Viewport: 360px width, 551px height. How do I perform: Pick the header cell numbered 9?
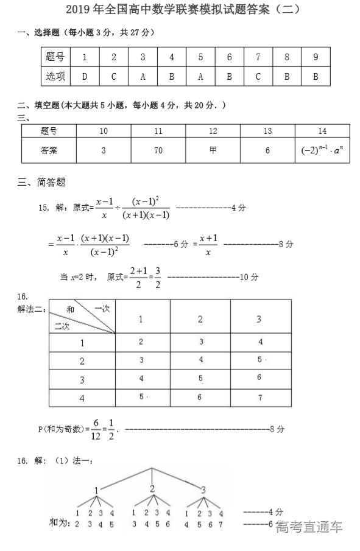click(316, 58)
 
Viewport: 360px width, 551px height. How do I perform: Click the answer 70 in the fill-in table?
click(158, 150)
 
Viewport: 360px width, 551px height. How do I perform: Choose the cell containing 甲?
click(213, 150)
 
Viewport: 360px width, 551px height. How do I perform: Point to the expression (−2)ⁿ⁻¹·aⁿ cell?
click(322, 150)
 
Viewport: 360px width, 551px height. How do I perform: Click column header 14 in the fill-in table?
click(322, 131)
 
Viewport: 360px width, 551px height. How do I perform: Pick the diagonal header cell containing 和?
click(82, 317)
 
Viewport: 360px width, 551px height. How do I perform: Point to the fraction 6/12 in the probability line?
click(96, 429)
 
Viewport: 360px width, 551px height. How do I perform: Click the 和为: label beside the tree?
click(60, 524)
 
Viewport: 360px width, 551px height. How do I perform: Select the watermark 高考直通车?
click(309, 527)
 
